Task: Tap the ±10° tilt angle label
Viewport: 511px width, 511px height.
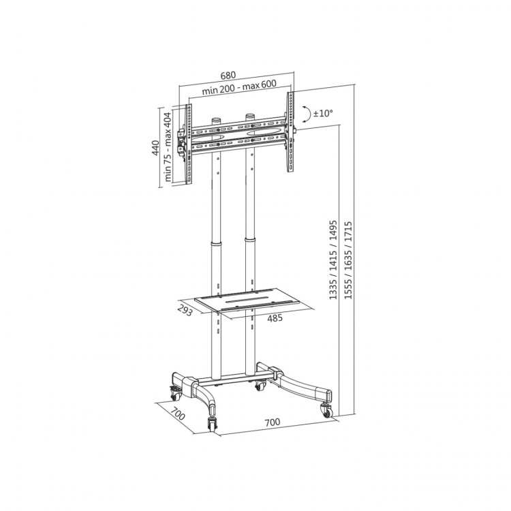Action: point(322,114)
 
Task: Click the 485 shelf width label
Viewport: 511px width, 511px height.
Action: point(275,318)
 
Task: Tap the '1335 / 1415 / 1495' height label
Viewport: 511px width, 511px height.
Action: point(334,260)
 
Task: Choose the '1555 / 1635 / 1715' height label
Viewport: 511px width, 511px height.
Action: point(349,260)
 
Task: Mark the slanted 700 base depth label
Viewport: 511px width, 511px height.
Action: point(178,414)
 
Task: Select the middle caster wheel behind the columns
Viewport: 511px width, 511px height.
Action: point(259,386)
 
